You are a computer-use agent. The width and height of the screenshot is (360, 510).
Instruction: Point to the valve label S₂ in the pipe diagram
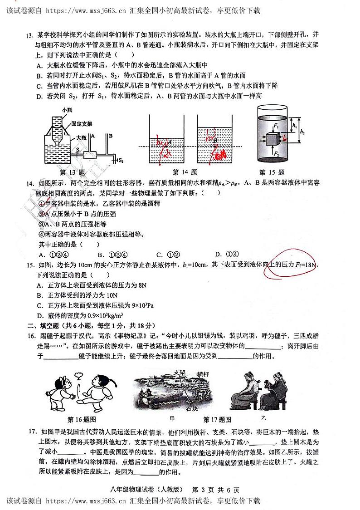[121, 160]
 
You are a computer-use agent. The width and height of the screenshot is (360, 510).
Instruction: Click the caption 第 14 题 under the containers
[185, 172]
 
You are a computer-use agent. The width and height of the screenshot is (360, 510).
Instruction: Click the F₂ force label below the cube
[275, 153]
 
